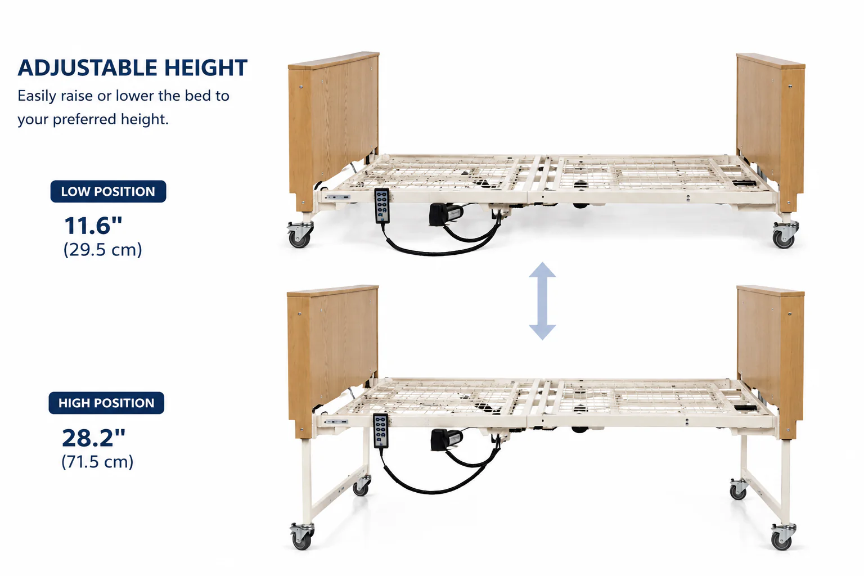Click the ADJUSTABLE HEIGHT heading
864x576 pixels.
point(132,68)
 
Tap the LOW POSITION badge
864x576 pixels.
point(108,191)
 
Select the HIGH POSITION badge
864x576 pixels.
point(106,403)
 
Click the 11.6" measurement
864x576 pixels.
point(93,226)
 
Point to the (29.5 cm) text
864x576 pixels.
point(102,250)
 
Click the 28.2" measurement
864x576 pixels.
point(94,438)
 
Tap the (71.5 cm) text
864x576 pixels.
point(97,462)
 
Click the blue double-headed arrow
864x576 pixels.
point(542,301)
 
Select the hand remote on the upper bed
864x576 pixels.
point(382,206)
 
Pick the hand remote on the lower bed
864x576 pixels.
point(381,430)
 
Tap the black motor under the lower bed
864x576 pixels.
point(447,439)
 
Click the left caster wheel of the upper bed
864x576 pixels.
point(299,234)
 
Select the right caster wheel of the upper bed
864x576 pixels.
point(785,235)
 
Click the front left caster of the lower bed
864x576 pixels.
point(301,536)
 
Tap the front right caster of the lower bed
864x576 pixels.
point(783,536)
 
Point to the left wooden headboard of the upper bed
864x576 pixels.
point(334,131)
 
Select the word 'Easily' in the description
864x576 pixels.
point(37,96)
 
